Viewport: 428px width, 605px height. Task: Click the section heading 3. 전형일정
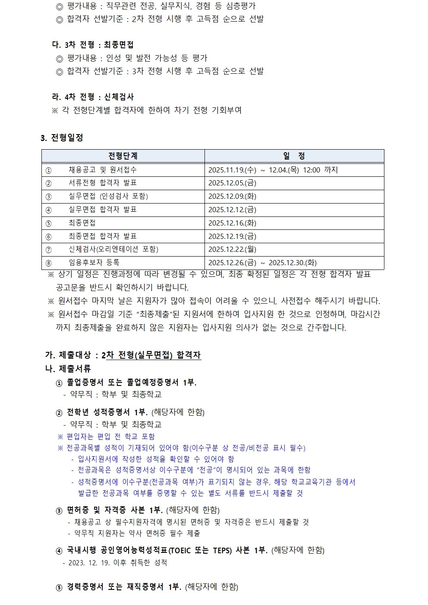click(x=62, y=138)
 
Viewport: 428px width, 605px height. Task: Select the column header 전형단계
click(x=123, y=156)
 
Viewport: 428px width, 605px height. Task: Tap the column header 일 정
click(x=294, y=156)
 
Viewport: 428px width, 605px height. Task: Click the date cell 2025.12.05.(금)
click(x=232, y=183)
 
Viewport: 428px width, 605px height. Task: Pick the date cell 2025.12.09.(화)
click(x=232, y=196)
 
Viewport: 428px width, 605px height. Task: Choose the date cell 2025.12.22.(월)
click(x=232, y=249)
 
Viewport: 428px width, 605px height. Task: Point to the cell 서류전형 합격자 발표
click(x=103, y=183)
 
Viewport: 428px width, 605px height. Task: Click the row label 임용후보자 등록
click(x=94, y=263)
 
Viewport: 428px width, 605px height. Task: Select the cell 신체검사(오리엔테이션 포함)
click(x=113, y=249)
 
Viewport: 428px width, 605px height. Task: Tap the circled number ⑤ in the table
click(x=48, y=223)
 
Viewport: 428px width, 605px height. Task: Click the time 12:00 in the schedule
click(x=312, y=170)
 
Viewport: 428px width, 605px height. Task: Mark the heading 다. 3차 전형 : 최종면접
click(x=92, y=45)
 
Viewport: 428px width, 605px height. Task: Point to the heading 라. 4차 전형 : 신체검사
click(x=92, y=97)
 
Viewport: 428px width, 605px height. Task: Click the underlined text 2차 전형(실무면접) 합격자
click(x=151, y=355)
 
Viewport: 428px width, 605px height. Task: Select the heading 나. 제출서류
click(x=68, y=369)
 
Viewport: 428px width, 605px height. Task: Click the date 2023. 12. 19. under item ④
click(x=89, y=563)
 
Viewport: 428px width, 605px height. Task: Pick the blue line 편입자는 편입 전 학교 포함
click(x=110, y=436)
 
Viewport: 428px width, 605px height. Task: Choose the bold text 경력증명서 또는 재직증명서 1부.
click(x=124, y=587)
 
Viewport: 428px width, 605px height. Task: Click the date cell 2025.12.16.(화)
click(x=232, y=223)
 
